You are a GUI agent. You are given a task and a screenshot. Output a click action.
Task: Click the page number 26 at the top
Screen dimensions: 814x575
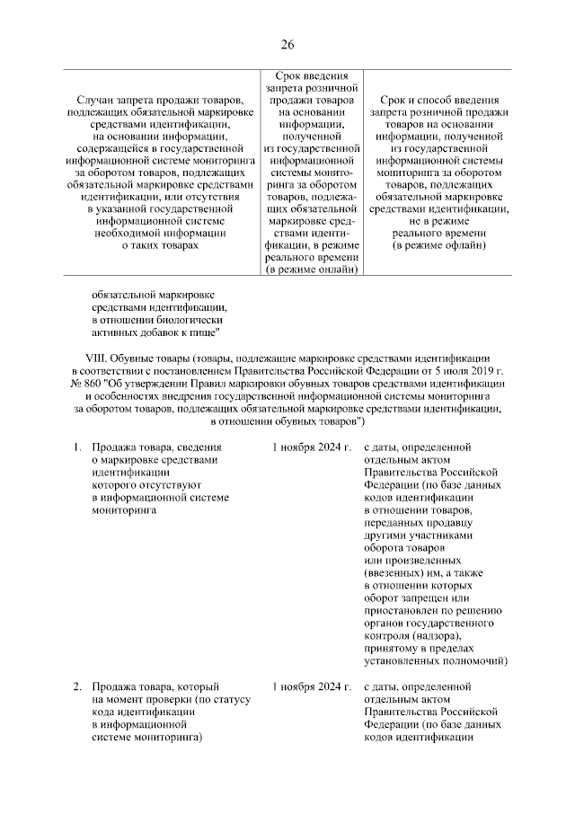click(x=287, y=45)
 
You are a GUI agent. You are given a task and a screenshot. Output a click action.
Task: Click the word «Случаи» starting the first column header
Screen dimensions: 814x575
click(x=98, y=99)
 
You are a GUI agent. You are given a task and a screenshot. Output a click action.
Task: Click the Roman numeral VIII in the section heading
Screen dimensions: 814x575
click(x=84, y=357)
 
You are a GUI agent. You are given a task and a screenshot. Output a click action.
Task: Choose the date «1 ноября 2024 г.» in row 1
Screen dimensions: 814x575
click(x=312, y=447)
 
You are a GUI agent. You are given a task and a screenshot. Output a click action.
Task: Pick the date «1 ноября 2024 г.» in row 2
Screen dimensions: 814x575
click(x=312, y=687)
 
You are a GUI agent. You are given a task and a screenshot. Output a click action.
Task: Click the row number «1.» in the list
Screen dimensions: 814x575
click(x=78, y=447)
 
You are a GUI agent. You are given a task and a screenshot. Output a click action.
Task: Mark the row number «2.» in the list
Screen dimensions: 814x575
click(x=78, y=687)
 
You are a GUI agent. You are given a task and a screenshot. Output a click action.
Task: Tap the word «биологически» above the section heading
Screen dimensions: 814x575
click(x=186, y=319)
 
